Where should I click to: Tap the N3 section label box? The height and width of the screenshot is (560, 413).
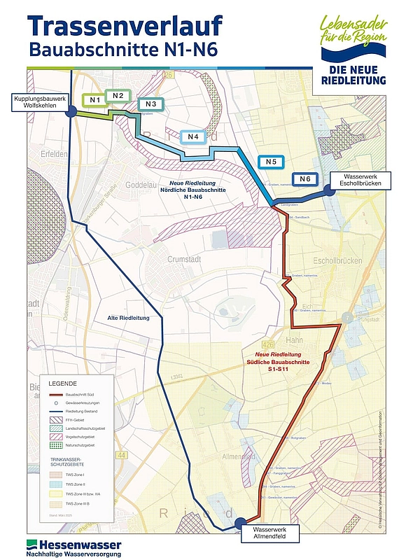151,104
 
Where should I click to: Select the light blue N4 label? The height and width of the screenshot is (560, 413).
194,136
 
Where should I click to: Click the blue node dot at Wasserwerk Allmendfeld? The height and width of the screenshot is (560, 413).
240,522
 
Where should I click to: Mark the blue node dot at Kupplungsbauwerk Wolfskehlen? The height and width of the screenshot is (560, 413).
72,112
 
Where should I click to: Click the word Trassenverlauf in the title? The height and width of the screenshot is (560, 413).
126,26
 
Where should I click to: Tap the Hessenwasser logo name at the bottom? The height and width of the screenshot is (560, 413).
73,545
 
